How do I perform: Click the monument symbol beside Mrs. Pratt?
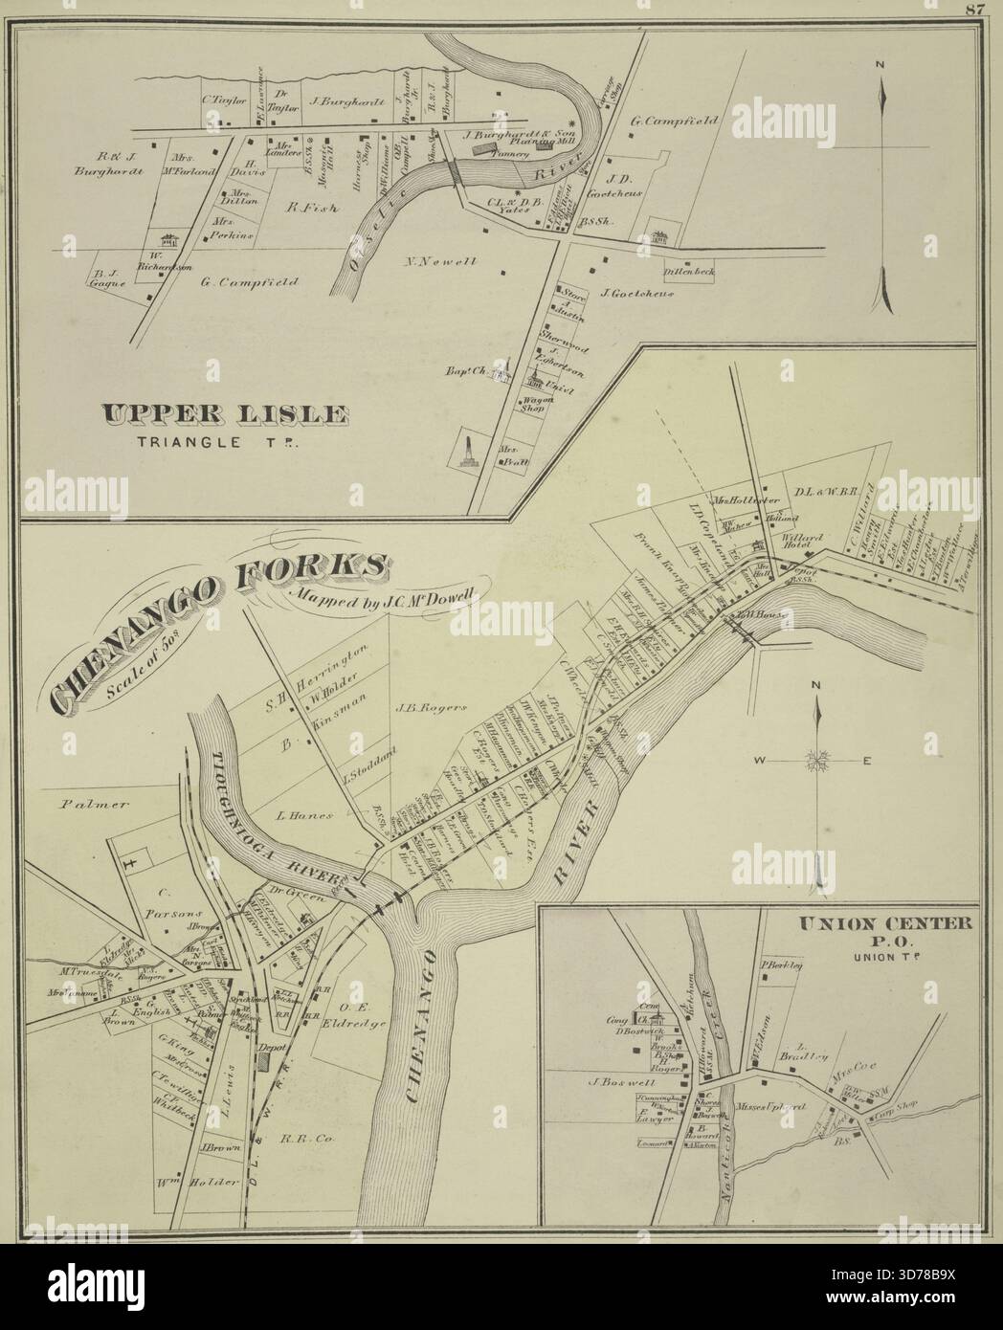pyautogui.click(x=468, y=451)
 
